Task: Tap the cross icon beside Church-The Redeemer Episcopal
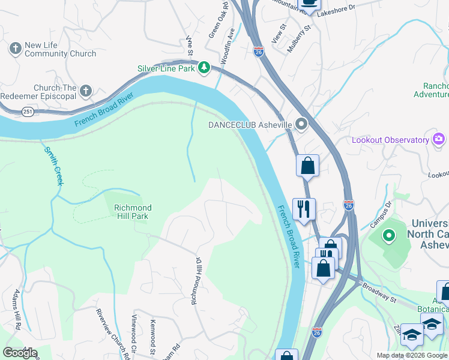tap(86, 91)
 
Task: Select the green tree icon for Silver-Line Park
tap(204, 68)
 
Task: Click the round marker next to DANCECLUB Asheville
tap(301, 125)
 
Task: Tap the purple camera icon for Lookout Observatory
tap(439, 140)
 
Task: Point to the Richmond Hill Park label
tap(133, 212)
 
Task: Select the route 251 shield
tap(28, 112)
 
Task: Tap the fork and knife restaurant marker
tap(304, 209)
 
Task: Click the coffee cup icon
tap(310, 2)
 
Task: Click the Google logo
tap(20, 353)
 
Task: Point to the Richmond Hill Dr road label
tap(195, 281)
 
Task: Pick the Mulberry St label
tap(298, 39)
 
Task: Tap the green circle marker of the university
tap(389, 235)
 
